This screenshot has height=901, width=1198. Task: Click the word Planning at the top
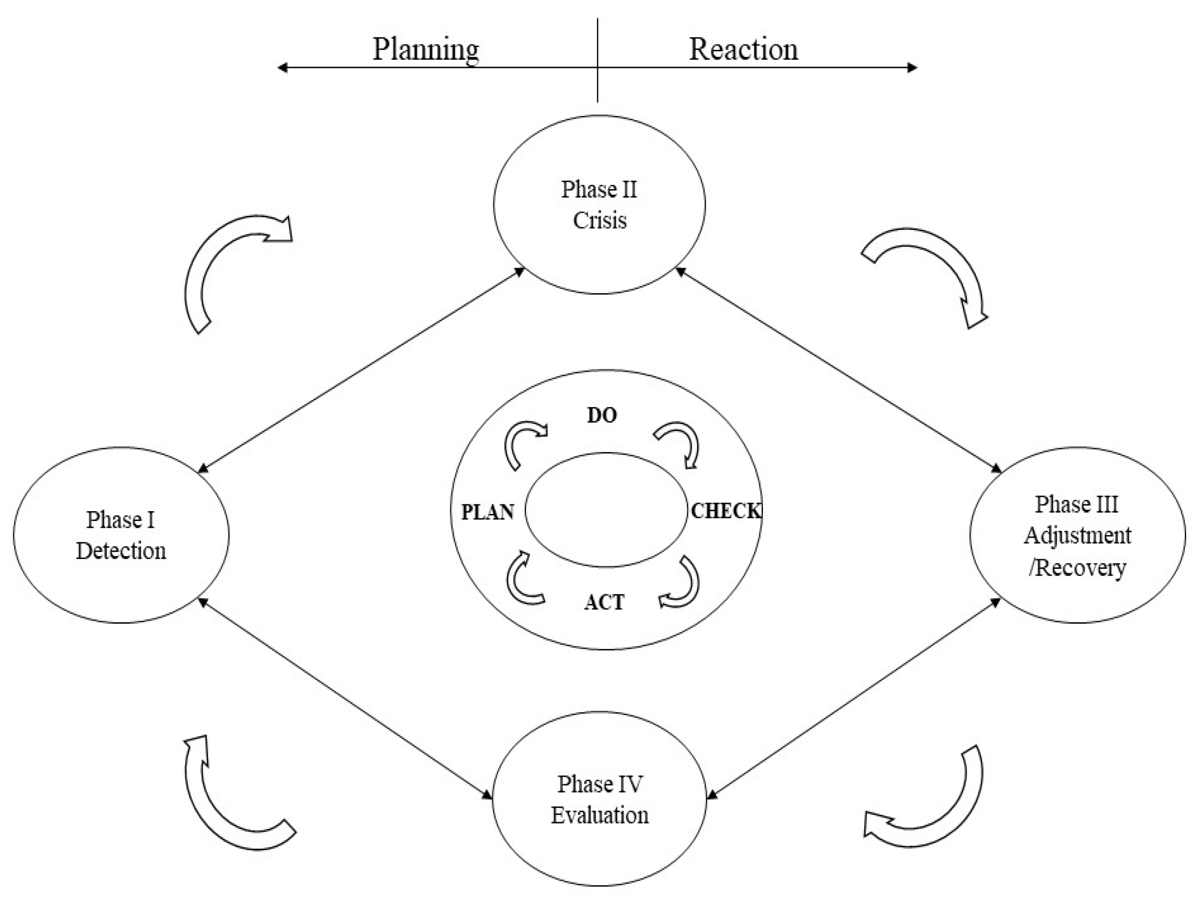tap(426, 50)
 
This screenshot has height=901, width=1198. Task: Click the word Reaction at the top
tap(743, 50)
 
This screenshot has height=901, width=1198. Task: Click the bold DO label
tap(602, 415)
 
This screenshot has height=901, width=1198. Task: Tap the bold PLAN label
tap(487, 512)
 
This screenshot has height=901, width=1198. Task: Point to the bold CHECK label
tap(726, 511)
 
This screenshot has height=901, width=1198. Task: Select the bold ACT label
tap(604, 602)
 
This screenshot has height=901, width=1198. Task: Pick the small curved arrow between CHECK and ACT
tap(684, 585)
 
